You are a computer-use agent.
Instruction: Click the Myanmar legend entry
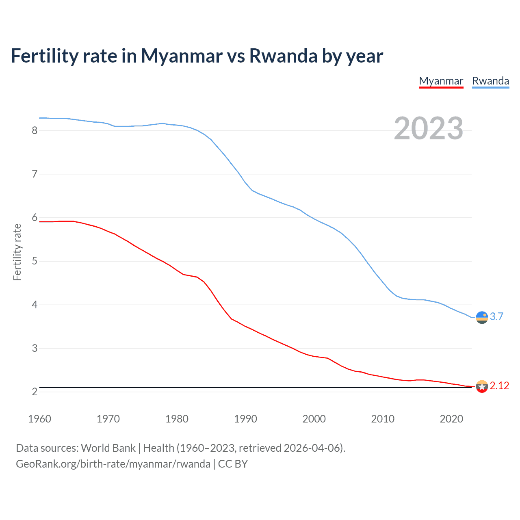(441, 81)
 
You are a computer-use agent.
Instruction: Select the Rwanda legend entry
(490, 81)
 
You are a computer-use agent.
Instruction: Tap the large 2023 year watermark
(428, 128)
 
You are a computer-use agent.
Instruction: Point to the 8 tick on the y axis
(35, 130)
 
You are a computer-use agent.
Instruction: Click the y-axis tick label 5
(35, 261)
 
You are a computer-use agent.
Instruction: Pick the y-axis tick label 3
(35, 348)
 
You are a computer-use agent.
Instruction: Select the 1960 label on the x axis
(39, 419)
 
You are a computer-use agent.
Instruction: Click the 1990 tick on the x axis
(245, 419)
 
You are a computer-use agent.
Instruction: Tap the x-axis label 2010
(383, 419)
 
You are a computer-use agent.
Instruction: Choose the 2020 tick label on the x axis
(451, 419)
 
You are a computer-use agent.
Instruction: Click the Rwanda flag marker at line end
(482, 317)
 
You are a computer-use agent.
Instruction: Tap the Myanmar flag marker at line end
(482, 386)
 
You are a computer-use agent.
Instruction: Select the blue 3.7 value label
(496, 317)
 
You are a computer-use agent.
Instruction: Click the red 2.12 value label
(499, 386)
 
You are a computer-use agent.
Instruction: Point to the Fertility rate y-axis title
(17, 252)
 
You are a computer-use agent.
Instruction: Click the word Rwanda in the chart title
(283, 56)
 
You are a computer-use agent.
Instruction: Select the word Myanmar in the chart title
(182, 56)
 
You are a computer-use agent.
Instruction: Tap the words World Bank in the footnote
(108, 448)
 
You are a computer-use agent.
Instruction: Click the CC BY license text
(233, 464)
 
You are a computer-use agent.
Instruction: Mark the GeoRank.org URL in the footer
(113, 464)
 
